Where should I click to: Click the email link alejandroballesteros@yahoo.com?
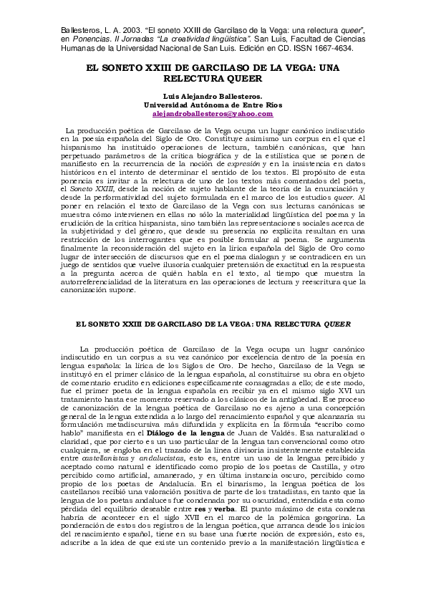[x=213, y=113]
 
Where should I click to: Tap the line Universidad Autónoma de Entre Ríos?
[x=213, y=105]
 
